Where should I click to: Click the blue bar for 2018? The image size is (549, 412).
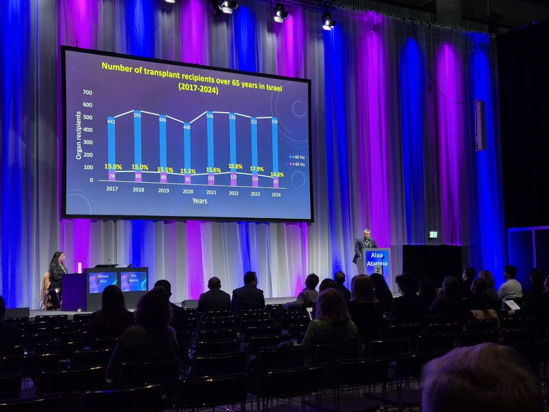(x=137, y=140)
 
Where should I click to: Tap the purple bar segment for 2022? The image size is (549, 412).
(x=233, y=180)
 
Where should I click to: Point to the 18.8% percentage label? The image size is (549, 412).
(x=235, y=166)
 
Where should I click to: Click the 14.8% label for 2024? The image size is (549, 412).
(x=277, y=175)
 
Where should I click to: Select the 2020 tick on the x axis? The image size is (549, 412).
(x=187, y=192)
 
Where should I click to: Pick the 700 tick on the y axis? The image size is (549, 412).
(x=87, y=92)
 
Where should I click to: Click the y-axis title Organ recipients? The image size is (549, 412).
(x=79, y=135)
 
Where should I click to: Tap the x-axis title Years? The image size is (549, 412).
(x=200, y=201)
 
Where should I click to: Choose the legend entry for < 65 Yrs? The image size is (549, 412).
(x=298, y=157)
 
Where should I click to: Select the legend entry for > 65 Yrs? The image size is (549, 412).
(x=298, y=163)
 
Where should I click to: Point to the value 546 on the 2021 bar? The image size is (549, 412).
(x=210, y=116)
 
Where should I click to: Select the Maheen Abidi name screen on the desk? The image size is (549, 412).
(x=103, y=281)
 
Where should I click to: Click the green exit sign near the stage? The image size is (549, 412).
(x=433, y=235)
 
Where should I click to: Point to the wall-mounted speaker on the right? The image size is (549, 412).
(x=480, y=125)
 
